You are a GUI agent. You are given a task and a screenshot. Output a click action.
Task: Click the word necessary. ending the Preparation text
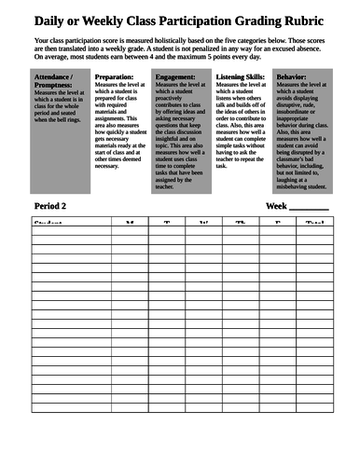coord(108,165)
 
